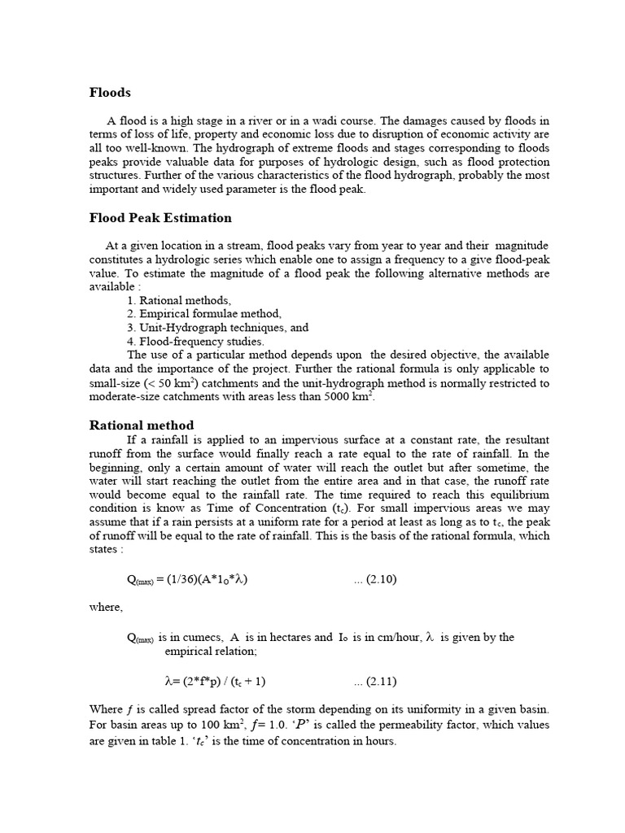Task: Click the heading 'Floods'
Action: point(109,93)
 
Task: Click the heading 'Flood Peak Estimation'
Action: point(160,218)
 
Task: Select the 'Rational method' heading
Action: point(141,425)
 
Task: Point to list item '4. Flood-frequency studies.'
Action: point(195,341)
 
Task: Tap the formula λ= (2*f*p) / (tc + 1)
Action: point(215,680)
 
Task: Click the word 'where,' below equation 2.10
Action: point(106,607)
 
